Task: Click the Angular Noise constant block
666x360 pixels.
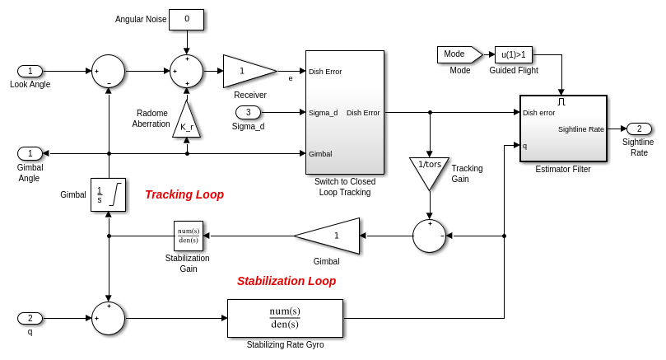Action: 186,19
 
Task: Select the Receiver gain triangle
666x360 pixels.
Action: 245,71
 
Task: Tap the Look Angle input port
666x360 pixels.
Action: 30,71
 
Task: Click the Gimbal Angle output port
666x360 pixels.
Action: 30,153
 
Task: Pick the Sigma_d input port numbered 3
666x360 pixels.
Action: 248,112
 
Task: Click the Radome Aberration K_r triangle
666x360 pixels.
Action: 186,121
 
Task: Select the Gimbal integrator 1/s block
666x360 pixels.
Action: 108,194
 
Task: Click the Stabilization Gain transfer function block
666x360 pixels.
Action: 189,236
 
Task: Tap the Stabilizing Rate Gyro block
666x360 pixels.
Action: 285,318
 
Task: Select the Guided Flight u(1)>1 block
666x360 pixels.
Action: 514,54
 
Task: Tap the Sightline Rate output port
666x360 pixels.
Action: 639,129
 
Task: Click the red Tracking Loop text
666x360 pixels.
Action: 184,194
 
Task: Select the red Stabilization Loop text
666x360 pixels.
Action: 286,281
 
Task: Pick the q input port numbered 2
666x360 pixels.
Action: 30,318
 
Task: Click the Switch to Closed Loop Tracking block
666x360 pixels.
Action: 345,112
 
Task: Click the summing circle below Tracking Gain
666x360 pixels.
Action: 429,236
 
